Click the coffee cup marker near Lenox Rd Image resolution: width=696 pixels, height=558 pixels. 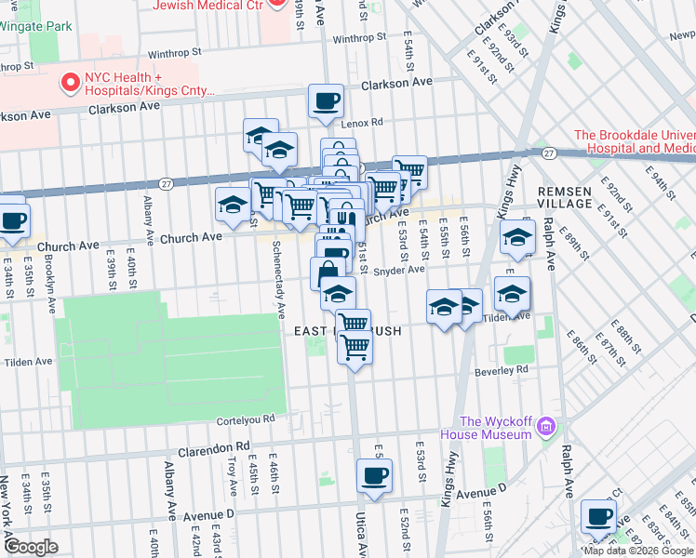click(325, 100)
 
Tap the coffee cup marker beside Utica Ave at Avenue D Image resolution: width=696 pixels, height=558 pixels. click(374, 476)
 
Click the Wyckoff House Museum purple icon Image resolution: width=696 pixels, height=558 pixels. click(546, 427)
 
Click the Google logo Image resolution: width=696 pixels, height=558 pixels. click(31, 546)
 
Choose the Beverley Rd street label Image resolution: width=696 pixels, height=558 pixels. click(502, 369)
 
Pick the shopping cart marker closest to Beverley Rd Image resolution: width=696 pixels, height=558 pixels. click(355, 348)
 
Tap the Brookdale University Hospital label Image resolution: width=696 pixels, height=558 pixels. click(635, 141)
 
